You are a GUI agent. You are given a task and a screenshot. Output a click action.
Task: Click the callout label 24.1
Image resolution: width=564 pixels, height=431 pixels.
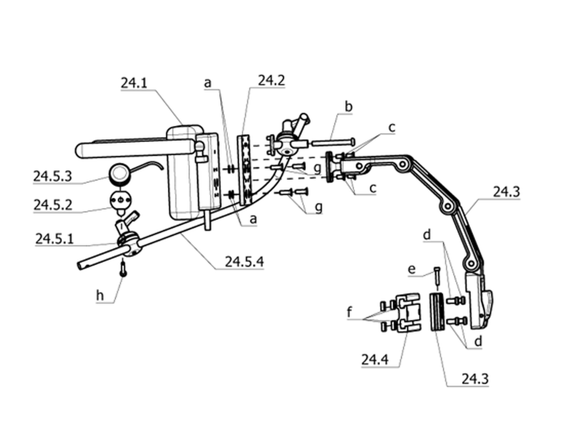point(134,83)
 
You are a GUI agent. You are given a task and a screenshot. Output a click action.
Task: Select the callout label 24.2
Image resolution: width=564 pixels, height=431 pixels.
point(272,80)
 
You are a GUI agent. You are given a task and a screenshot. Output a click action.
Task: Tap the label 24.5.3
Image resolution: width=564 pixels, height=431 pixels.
point(52,177)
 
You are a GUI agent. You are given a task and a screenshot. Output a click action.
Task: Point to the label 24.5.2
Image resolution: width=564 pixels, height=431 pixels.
point(53,205)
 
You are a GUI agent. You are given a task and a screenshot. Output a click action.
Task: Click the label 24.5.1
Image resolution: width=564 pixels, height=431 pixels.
point(54,239)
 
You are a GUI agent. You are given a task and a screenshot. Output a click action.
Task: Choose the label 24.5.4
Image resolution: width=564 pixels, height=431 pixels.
point(245,262)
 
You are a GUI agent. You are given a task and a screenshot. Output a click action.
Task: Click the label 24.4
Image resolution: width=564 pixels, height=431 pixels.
point(375,359)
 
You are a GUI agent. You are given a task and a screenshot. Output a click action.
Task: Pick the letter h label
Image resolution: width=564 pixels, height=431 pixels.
point(100,295)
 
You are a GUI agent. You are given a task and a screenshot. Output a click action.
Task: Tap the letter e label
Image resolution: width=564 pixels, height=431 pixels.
point(412,269)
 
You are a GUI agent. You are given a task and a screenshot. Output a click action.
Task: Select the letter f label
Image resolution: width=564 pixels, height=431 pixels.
point(349,312)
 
